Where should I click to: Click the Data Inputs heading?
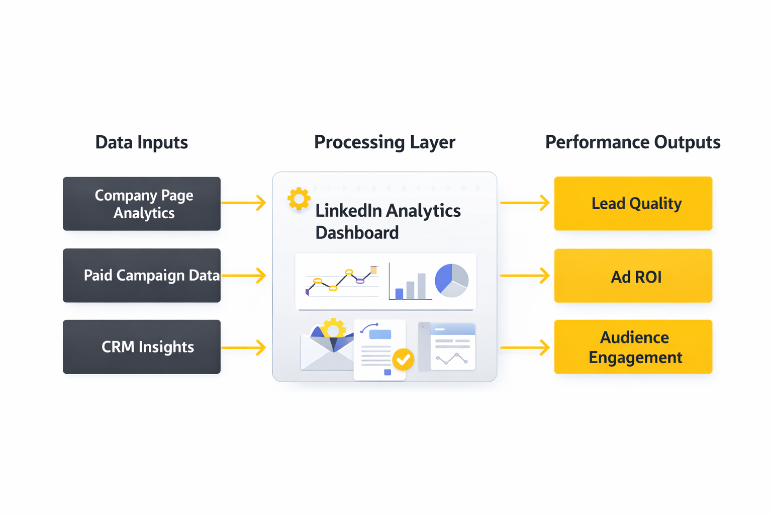(x=141, y=142)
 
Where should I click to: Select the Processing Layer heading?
(x=384, y=142)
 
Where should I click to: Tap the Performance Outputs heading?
(x=632, y=142)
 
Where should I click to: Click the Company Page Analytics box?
(x=142, y=204)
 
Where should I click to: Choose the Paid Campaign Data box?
(x=142, y=276)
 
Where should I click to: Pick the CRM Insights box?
(x=142, y=347)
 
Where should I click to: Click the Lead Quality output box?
(x=633, y=204)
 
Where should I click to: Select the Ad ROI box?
(x=633, y=276)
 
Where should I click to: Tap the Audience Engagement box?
(x=633, y=347)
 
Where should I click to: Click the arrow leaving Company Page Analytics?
(x=244, y=203)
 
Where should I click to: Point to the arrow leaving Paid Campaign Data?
(x=244, y=276)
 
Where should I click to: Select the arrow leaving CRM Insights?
(x=244, y=348)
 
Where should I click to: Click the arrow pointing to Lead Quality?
(x=525, y=203)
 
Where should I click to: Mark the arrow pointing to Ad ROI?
(x=525, y=276)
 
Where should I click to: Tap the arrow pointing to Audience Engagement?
(x=525, y=348)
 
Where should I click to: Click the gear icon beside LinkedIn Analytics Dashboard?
(x=299, y=199)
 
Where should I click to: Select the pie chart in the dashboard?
(x=451, y=280)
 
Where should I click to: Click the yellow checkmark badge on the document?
(x=403, y=360)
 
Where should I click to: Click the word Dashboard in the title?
(x=357, y=233)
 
